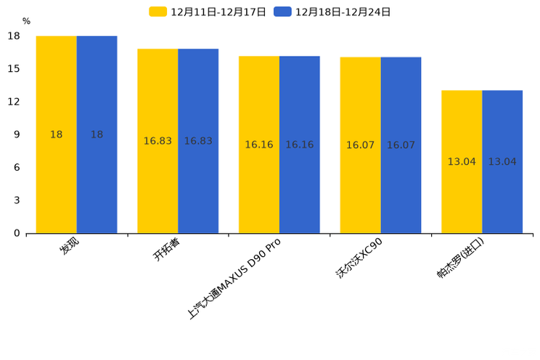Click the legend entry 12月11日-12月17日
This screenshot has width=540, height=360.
coord(208,12)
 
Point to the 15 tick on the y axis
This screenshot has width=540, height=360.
coord(14,69)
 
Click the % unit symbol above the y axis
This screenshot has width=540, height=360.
coord(27,22)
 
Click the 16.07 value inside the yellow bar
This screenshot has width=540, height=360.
coord(360,145)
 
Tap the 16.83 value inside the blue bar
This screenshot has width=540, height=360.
coord(198,141)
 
